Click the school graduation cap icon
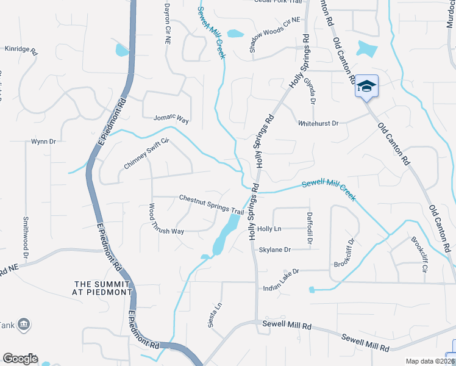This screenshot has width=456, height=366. coord(366,86)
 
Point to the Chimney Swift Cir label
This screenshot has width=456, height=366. coord(146,154)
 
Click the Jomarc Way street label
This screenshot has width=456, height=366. coord(171,118)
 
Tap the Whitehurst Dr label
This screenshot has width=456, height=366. coord(318,123)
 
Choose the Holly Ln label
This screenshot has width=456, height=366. coord(269,229)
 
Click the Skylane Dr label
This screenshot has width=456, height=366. coord(275,249)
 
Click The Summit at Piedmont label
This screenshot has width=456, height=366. coord(103,288)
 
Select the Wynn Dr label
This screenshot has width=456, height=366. coord(43,142)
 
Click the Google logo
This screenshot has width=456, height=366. coord(20,359)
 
